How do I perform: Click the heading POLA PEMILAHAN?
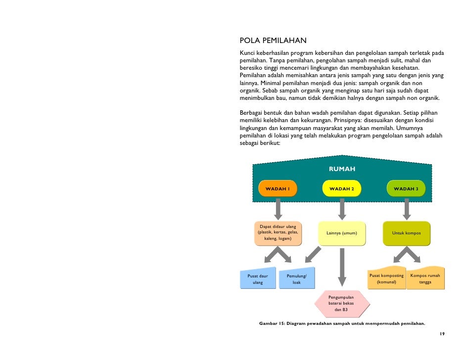[x=273, y=41]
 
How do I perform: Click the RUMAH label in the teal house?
[x=342, y=169]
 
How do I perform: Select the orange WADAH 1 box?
[x=278, y=189]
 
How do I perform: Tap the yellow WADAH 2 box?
[x=342, y=189]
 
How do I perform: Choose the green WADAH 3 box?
[x=406, y=189]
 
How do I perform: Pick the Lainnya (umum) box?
[x=342, y=233]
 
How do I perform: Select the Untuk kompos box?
[x=406, y=233]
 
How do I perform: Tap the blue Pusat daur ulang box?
[x=257, y=279]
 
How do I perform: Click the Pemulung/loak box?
[x=296, y=279]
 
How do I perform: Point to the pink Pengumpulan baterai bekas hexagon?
[x=342, y=304]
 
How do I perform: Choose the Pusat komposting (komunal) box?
[x=386, y=279]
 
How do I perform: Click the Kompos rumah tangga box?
[x=425, y=279]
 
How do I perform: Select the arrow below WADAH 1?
[x=278, y=209]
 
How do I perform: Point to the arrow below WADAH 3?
[x=407, y=209]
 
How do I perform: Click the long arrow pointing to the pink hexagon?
[x=342, y=267]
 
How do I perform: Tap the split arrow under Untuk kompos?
[x=406, y=254]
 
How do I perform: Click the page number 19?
[x=442, y=334]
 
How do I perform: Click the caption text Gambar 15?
[x=269, y=323]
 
